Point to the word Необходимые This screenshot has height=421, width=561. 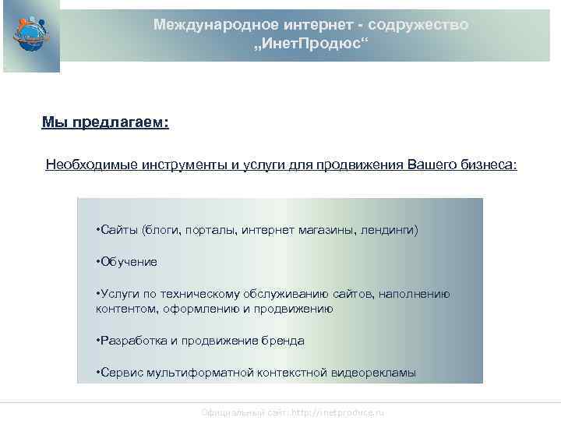tap(84, 165)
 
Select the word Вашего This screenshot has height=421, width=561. tap(429, 165)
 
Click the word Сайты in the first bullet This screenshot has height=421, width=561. tap(118, 230)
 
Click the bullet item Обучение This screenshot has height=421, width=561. tap(127, 262)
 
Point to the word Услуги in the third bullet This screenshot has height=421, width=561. tap(118, 294)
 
